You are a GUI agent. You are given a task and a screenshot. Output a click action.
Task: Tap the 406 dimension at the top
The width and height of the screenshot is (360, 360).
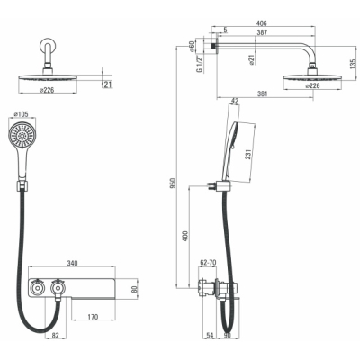[x=262, y=23]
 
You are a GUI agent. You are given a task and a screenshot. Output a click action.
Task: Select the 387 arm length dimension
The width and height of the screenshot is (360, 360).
[x=262, y=32]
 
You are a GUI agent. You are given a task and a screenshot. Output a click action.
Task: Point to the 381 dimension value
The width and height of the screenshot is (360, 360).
[x=262, y=94]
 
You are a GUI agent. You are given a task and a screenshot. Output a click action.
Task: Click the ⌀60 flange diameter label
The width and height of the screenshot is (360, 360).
[x=192, y=47]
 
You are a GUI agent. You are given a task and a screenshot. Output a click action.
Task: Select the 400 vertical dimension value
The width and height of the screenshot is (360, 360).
[x=185, y=237]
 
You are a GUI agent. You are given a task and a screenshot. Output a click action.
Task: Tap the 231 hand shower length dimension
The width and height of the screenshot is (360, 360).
[x=248, y=156]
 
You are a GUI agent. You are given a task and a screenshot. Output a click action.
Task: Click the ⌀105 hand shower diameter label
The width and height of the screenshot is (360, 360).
[x=22, y=114]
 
